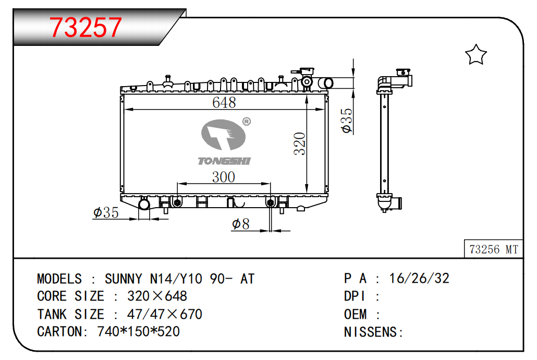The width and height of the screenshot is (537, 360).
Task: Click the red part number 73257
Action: pyautogui.click(x=86, y=28)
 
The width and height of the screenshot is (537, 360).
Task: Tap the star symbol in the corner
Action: pyautogui.click(x=475, y=54)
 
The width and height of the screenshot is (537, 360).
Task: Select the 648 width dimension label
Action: pyautogui.click(x=224, y=102)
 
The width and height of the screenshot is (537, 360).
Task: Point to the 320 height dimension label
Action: pyautogui.click(x=300, y=143)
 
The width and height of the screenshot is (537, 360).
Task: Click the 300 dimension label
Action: pyautogui.click(x=223, y=177)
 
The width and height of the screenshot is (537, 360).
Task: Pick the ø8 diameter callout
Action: pyautogui.click(x=240, y=224)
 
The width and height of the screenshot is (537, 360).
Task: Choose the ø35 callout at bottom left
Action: pyautogui.click(x=106, y=212)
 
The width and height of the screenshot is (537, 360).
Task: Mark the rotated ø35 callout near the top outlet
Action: pyautogui.click(x=347, y=121)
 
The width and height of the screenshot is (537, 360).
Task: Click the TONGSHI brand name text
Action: pyautogui.click(x=224, y=161)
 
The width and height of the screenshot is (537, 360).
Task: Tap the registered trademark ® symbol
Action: pyautogui.click(x=247, y=122)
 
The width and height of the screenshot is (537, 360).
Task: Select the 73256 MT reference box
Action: pyautogui.click(x=494, y=249)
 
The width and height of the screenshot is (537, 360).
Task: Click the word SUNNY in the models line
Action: pyautogui.click(x=123, y=279)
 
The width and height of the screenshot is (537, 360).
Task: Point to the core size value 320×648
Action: pyautogui.click(x=157, y=296)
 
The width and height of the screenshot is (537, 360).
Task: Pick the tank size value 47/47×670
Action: pyautogui.click(x=165, y=314)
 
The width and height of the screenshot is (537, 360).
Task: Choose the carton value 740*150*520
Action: pyautogui.click(x=138, y=331)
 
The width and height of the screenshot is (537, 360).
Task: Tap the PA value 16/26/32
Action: pyautogui.click(x=419, y=279)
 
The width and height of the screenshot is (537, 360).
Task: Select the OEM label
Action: pyautogui.click(x=355, y=314)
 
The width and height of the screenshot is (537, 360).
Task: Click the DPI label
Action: pyautogui.click(x=355, y=296)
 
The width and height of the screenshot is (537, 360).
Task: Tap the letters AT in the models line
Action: pyautogui.click(x=247, y=279)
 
